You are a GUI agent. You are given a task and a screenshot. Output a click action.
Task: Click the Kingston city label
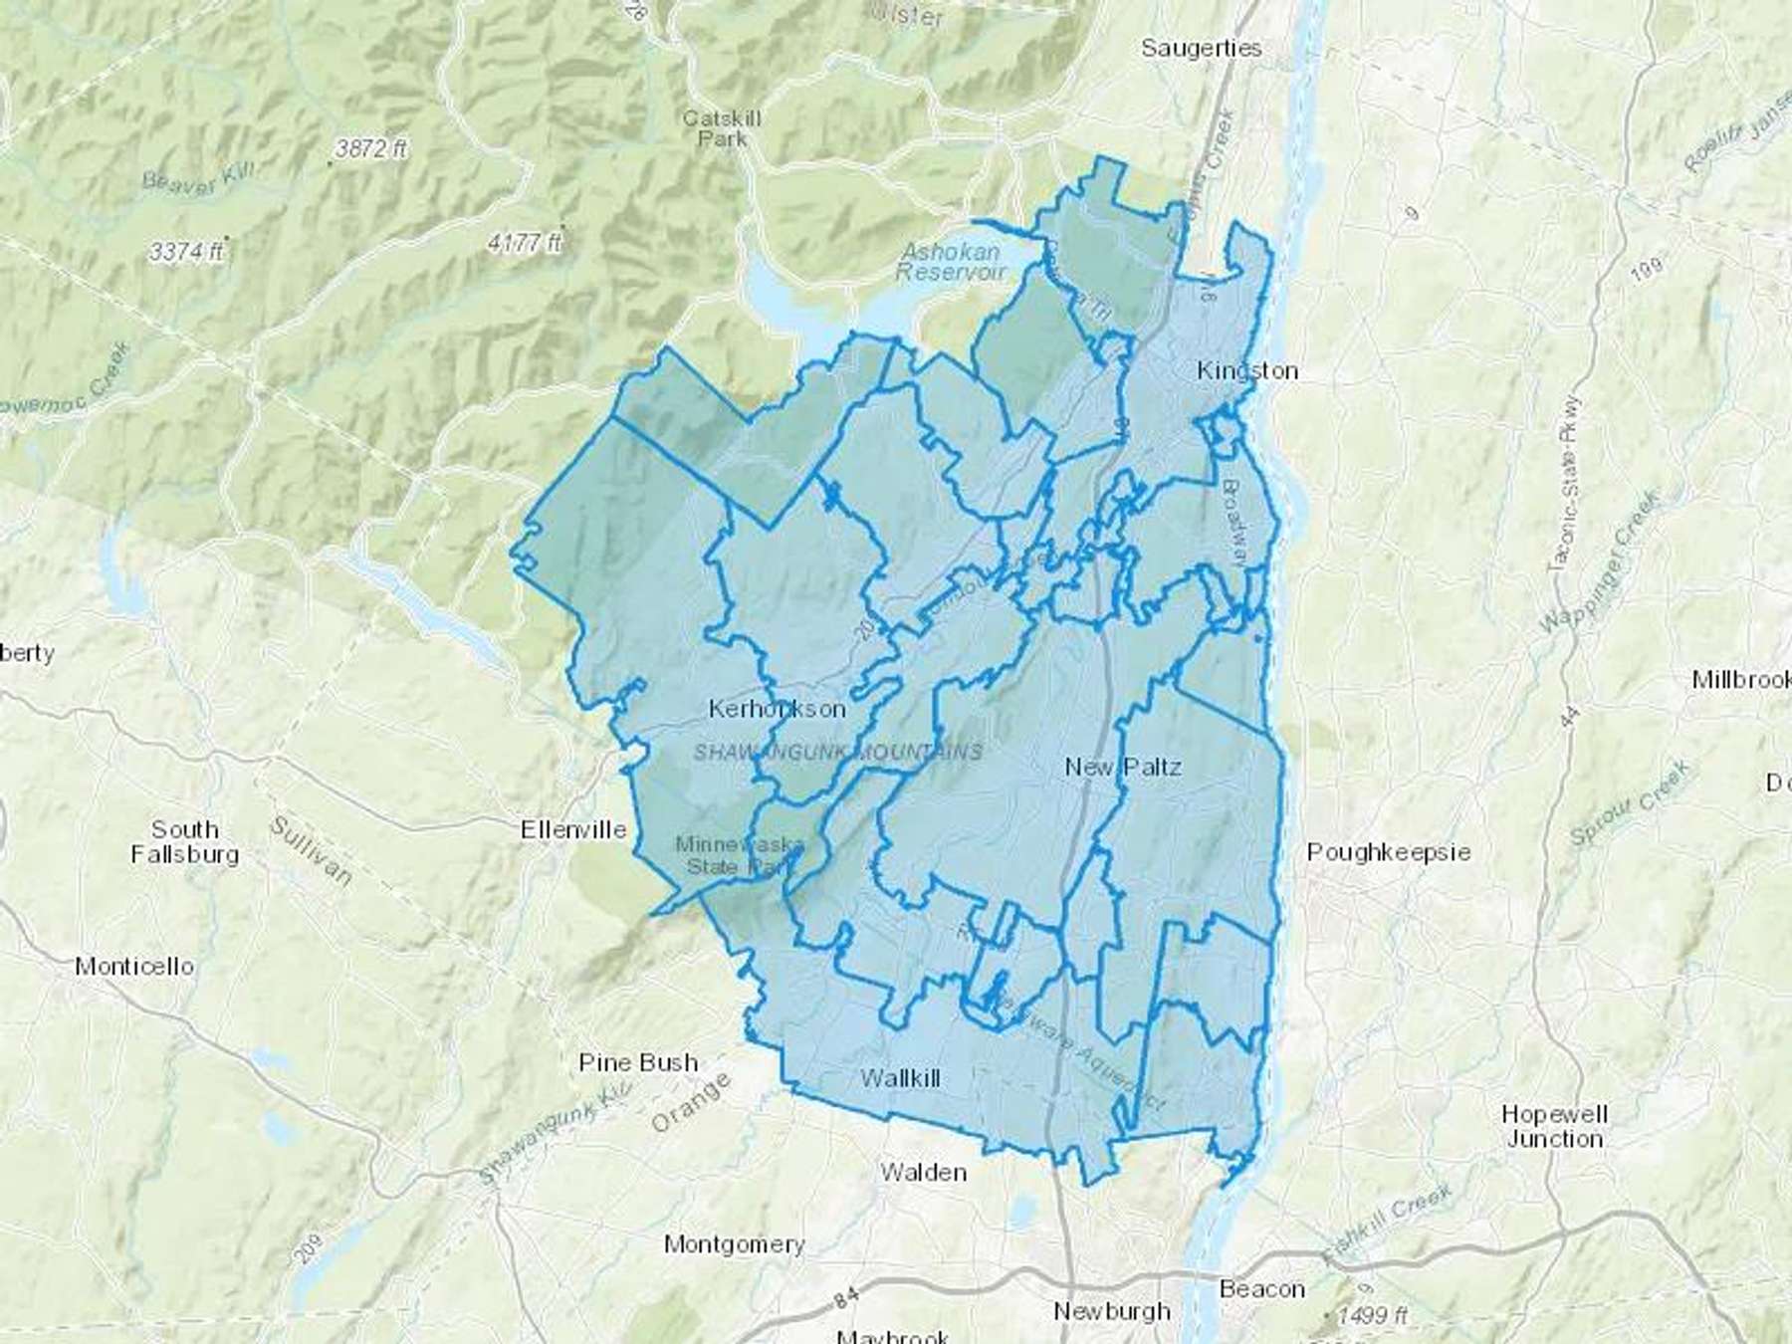point(1246,370)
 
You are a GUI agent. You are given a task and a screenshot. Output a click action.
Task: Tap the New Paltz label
point(1122,767)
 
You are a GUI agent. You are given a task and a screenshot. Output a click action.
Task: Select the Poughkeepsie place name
point(1388,852)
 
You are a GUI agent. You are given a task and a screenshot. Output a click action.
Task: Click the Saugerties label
point(1201,48)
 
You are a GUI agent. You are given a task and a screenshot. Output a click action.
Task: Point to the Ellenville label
point(573,829)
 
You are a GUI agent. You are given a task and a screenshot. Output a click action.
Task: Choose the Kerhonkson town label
point(777,709)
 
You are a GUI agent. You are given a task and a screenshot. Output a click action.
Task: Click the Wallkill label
point(900,1077)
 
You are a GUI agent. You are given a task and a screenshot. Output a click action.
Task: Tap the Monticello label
point(134,966)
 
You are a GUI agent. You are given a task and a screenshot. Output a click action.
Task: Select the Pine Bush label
point(637,1062)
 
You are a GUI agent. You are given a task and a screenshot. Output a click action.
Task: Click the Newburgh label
point(1111,1310)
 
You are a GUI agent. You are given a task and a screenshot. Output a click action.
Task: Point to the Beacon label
point(1261,1289)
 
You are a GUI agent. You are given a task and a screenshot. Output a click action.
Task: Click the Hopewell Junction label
point(1554,1126)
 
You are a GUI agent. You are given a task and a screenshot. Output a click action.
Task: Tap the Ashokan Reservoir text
point(951,261)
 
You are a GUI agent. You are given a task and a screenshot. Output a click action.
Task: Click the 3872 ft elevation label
point(370,148)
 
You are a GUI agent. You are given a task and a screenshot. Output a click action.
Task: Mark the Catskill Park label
point(722,128)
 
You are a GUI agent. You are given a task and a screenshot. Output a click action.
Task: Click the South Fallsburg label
point(184,841)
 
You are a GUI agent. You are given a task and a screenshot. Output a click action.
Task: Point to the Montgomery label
point(734,1243)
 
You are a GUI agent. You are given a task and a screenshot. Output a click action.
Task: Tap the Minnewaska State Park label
point(738,855)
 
